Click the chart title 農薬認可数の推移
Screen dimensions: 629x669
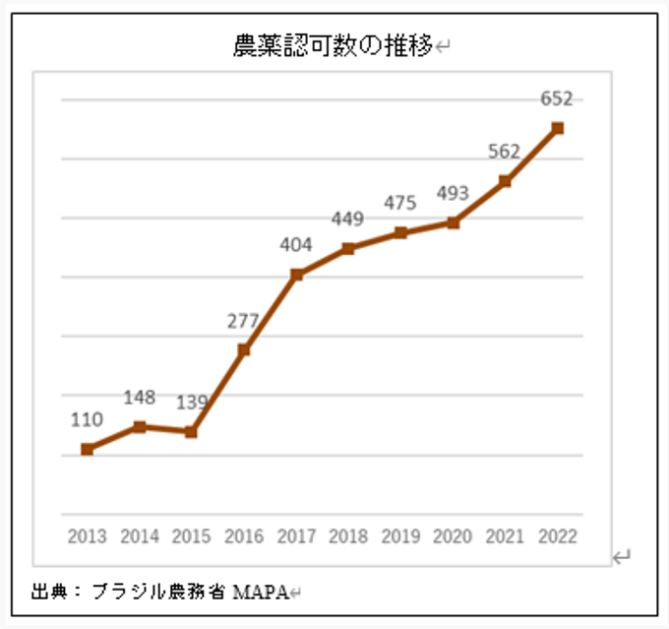pos(334,45)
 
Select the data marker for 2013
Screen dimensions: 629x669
pos(87,449)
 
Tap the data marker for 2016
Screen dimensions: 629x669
pos(244,349)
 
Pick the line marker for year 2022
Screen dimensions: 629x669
pos(558,128)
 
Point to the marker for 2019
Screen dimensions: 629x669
pos(400,233)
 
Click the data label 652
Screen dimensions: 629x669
pos(557,98)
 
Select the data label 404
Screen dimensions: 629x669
pos(295,244)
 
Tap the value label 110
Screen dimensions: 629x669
pos(87,419)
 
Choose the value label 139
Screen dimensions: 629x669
pos(192,403)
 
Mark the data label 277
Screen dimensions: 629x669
pos(243,320)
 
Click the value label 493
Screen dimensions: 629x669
pos(453,194)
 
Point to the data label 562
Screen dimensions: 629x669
pos(505,152)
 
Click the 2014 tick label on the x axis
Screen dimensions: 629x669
pos(140,536)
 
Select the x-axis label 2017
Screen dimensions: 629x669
pos(296,536)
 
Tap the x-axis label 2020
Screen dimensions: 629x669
pos(453,536)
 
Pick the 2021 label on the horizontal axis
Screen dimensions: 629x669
pos(505,536)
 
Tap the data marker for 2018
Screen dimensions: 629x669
pos(348,248)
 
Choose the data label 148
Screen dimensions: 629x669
pos(140,398)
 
